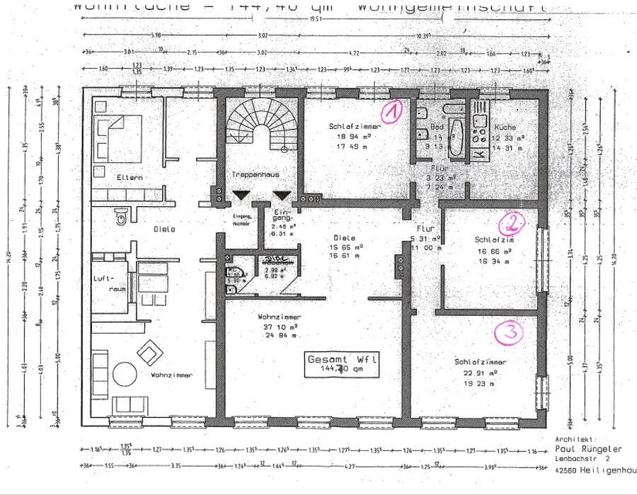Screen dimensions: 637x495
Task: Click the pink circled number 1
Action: coord(391,110)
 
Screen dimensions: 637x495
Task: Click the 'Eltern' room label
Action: coord(130,176)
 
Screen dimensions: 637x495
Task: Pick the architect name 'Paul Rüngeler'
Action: coord(587,449)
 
